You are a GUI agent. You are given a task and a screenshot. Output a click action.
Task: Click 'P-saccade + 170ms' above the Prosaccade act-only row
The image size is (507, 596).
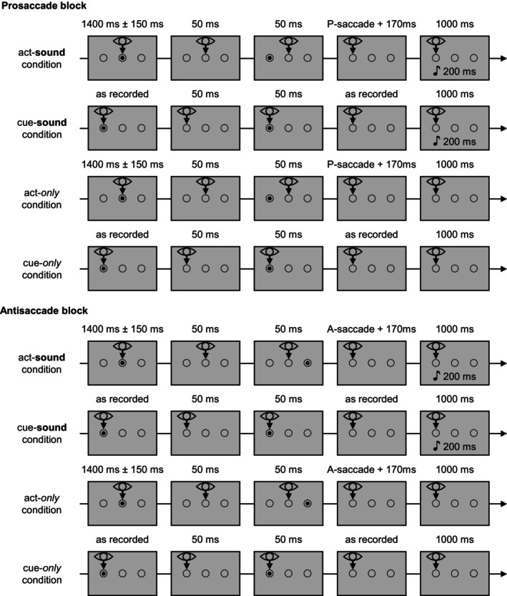coord(372,170)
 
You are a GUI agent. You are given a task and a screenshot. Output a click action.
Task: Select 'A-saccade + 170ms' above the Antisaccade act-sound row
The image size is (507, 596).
coord(372,332)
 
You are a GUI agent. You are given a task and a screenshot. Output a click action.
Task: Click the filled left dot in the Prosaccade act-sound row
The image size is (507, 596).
coord(270,58)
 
